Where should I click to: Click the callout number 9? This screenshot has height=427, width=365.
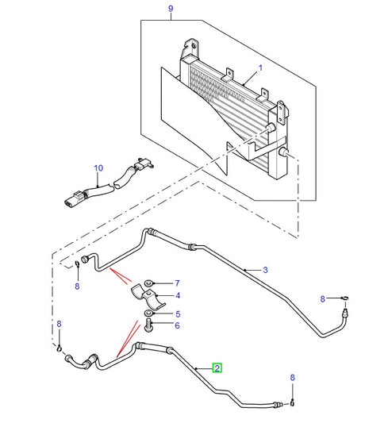point(169,10)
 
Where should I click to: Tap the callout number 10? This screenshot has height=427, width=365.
point(98,168)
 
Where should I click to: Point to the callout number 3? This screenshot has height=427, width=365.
point(265,271)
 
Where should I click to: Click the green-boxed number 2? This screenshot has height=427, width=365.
point(217,367)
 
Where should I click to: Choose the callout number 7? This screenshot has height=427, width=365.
point(178,283)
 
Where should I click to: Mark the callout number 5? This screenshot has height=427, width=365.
point(178,313)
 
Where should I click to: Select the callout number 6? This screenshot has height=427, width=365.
point(178,325)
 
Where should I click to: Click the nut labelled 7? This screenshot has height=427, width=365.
point(151,283)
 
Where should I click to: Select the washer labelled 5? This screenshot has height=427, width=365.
point(148,314)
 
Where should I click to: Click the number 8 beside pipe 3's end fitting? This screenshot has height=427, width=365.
point(323,298)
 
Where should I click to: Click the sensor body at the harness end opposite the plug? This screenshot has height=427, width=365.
point(145,165)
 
